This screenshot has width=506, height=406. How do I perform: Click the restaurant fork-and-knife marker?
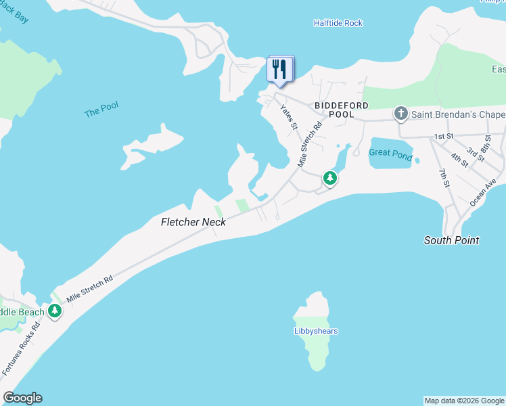(279, 69)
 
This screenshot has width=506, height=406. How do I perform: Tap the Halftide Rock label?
(338, 23)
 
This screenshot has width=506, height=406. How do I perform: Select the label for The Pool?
(101, 110)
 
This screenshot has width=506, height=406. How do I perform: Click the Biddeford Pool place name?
(342, 110)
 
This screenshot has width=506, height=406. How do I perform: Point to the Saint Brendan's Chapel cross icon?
(400, 114)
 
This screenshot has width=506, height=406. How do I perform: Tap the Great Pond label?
(390, 153)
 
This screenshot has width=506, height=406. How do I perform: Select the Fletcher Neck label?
(193, 222)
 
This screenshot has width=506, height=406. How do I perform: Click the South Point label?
(451, 240)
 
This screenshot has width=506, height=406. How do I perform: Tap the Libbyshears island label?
(316, 331)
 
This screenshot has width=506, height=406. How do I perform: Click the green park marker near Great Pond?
(330, 178)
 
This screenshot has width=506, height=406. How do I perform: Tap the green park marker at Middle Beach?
(55, 311)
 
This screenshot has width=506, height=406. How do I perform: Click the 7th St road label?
(444, 179)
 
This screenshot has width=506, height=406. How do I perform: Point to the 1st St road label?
(444, 137)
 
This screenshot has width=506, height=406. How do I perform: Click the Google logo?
(22, 398)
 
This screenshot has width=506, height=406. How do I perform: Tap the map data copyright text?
(464, 401)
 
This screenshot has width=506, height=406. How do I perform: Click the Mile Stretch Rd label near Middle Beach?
(89, 288)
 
